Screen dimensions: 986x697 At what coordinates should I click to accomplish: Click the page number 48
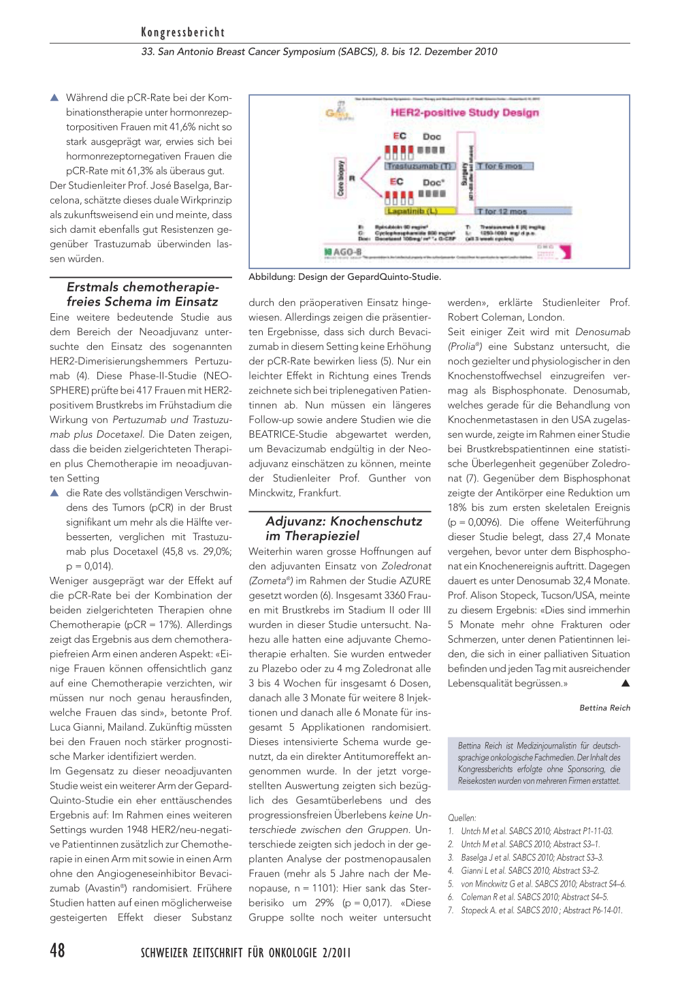(x=58, y=950)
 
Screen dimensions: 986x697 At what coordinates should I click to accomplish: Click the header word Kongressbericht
(x=182, y=32)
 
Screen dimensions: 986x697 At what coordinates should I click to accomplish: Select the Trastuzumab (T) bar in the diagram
(x=419, y=166)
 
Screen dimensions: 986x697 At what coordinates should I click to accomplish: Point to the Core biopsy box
(x=341, y=178)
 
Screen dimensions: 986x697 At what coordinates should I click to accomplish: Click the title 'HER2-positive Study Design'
(x=464, y=112)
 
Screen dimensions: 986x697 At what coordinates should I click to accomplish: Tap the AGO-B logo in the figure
(x=342, y=253)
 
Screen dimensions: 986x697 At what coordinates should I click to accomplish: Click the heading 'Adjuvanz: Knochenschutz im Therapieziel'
(x=344, y=528)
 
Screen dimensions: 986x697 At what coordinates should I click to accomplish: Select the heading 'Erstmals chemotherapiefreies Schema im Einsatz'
(x=142, y=294)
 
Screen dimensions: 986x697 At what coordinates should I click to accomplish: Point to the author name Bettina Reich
(x=604, y=707)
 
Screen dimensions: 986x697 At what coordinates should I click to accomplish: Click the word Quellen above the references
(x=461, y=818)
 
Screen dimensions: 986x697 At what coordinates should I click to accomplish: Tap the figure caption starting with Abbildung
(x=344, y=276)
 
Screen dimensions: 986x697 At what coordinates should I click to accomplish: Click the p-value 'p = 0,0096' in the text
(x=474, y=522)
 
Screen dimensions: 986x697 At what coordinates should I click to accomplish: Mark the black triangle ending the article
(x=626, y=683)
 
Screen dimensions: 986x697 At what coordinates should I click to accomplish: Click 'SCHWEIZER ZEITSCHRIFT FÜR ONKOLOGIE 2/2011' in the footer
(x=246, y=952)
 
